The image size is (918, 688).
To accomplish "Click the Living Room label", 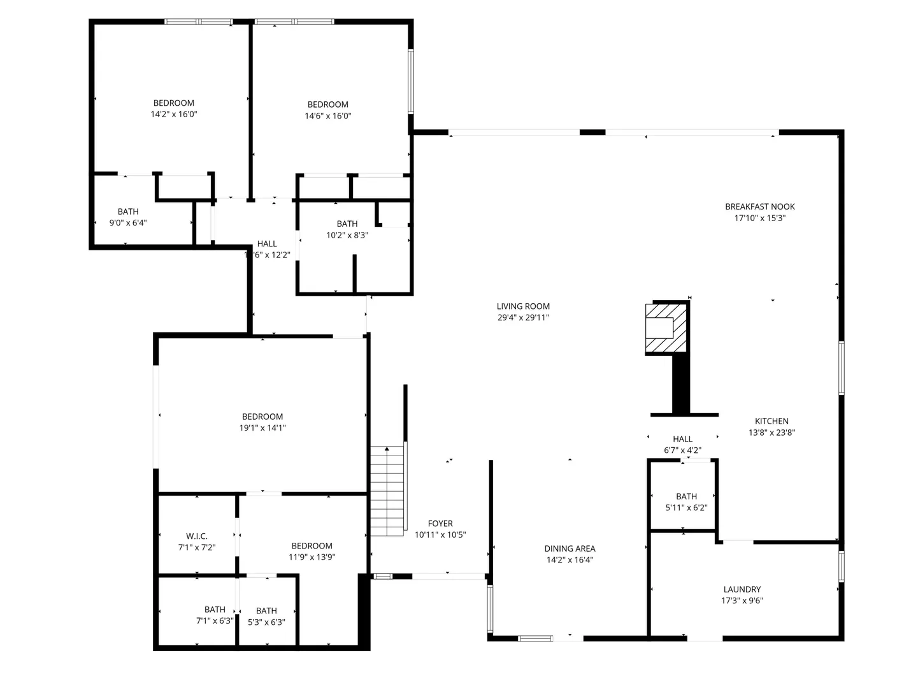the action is pyautogui.click(x=523, y=306).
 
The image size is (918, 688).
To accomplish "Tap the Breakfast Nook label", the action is pyautogui.click(x=759, y=206).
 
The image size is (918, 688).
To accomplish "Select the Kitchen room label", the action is pyautogui.click(x=771, y=421).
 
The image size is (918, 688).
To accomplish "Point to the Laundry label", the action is pyautogui.click(x=742, y=589).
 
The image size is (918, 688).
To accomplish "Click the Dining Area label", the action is pyautogui.click(x=570, y=548).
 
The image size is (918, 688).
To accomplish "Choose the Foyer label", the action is pyautogui.click(x=440, y=523).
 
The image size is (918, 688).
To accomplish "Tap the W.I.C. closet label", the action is pyautogui.click(x=197, y=536).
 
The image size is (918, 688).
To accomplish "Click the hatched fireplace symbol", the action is pyautogui.click(x=665, y=327).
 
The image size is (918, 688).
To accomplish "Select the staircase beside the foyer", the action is pyautogui.click(x=387, y=491).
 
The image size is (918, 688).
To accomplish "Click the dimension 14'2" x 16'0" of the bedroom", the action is pyautogui.click(x=173, y=114).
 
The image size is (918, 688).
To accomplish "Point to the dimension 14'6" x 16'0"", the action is pyautogui.click(x=327, y=116).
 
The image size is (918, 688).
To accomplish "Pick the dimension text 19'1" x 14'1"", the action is pyautogui.click(x=262, y=427).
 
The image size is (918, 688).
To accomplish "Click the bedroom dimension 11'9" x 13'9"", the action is pyautogui.click(x=312, y=557).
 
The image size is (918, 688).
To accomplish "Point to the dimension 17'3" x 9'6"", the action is pyautogui.click(x=742, y=601).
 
